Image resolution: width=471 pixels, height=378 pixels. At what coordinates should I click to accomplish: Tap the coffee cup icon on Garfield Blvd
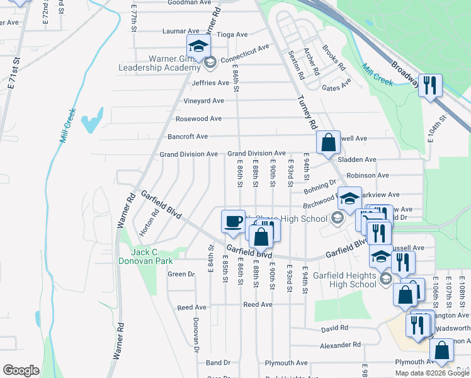(x=234, y=221)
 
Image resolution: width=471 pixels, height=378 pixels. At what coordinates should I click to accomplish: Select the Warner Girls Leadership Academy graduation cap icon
(x=198, y=47)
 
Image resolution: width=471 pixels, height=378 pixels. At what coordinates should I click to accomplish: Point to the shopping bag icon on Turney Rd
(x=328, y=142)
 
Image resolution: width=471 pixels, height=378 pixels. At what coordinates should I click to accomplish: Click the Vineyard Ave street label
(x=203, y=101)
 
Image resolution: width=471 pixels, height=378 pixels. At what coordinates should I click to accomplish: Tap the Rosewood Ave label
(x=198, y=118)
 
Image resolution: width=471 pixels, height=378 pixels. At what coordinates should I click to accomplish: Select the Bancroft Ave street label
(x=187, y=136)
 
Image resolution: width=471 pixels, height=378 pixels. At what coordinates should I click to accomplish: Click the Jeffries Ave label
(x=210, y=83)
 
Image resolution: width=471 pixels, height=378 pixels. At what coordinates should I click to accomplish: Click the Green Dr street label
(x=181, y=274)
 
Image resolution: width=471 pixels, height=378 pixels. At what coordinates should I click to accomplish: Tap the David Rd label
(x=334, y=328)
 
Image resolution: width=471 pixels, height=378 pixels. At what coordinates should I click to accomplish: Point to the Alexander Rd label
(x=340, y=345)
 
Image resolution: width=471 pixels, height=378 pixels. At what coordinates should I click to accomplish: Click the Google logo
(x=21, y=370)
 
